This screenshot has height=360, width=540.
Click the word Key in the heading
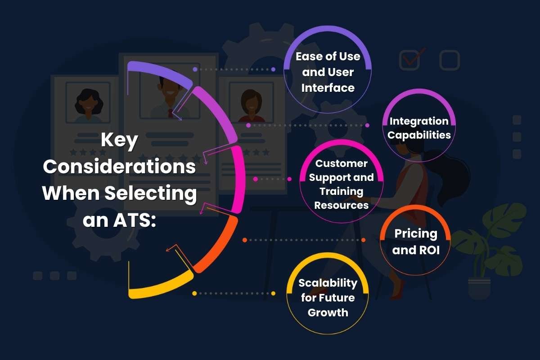point(119,140)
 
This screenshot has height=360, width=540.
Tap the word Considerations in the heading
point(119,166)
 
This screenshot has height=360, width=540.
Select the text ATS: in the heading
point(135,220)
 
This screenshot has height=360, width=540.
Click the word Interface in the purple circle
point(328,88)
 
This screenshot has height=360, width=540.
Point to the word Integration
point(419,121)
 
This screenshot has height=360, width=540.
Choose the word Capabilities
point(419,135)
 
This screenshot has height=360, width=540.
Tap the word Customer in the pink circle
point(342,163)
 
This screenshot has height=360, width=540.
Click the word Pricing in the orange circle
point(416,234)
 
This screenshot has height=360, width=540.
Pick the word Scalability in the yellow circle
point(328,283)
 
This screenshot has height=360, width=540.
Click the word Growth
point(328,313)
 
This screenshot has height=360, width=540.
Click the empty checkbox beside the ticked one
point(450,60)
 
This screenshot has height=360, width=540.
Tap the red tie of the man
point(171,113)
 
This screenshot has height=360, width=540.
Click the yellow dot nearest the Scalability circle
point(273,293)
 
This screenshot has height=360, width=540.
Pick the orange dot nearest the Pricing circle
point(363,240)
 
